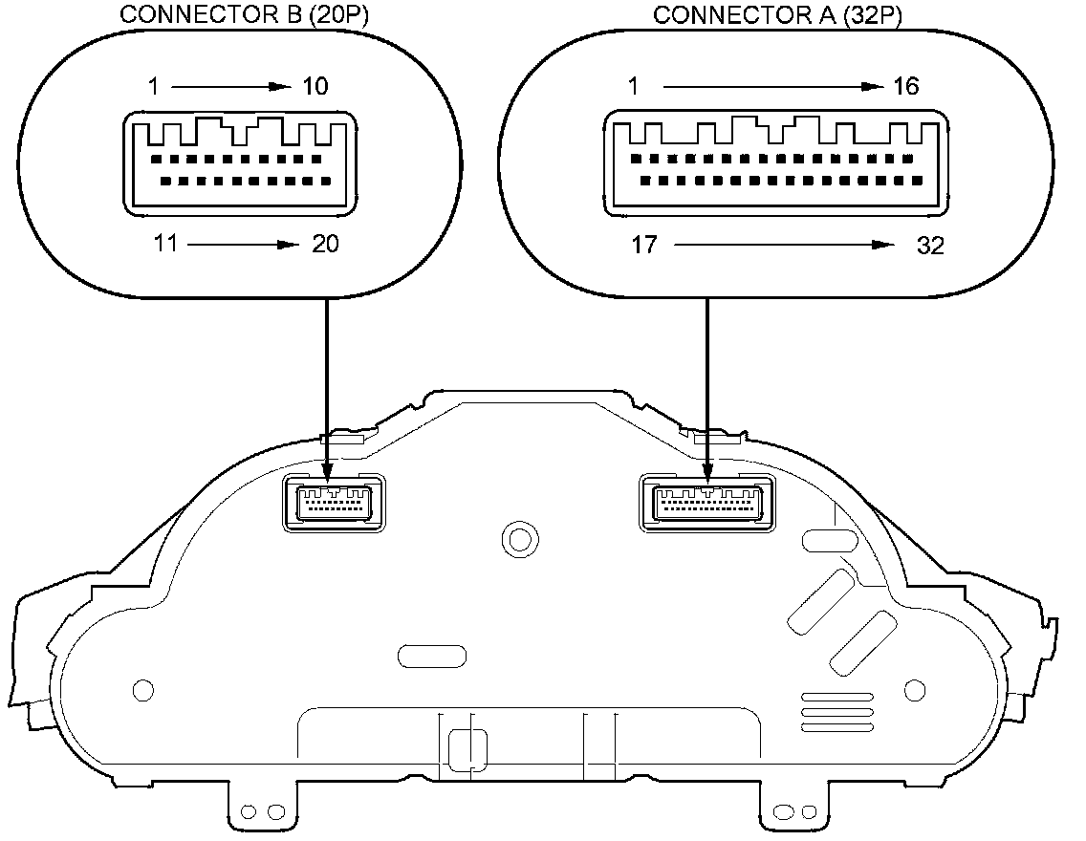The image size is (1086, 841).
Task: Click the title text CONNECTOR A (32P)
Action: coord(778,15)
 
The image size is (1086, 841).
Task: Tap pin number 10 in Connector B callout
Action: coord(315,87)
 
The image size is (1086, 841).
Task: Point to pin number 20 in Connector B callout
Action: coord(325,245)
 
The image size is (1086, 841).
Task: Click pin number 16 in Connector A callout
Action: coord(905,87)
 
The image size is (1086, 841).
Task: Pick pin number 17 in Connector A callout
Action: coord(644,246)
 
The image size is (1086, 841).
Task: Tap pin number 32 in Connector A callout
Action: coord(930,246)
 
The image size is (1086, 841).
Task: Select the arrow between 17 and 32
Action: coord(778,246)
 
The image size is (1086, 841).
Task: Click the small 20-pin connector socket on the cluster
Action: coord(334,503)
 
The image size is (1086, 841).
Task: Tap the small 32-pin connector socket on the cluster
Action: coord(706,503)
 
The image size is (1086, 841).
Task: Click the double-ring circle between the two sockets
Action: coord(519,539)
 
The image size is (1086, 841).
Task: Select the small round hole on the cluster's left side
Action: coord(142,689)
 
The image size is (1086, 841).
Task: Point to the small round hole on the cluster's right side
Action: coord(914,689)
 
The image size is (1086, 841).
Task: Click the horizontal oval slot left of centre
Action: coord(431,656)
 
